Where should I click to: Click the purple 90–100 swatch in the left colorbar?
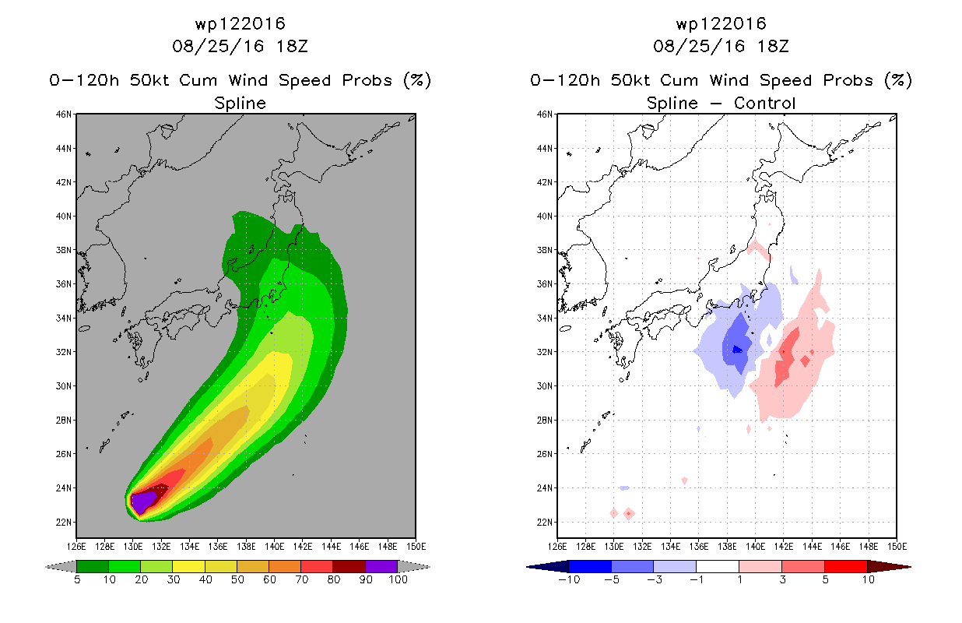point(381,567)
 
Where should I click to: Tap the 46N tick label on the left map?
point(63,114)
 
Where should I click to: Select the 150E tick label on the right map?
point(897,547)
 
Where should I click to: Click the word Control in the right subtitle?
point(764,103)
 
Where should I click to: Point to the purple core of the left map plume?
point(142,502)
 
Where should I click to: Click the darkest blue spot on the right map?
point(737,350)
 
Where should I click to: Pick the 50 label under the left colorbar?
point(237,579)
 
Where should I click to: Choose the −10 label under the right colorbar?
point(569,579)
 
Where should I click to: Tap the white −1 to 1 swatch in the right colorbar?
point(717,567)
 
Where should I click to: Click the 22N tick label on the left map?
point(63,522)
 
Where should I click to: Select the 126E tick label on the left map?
point(76,547)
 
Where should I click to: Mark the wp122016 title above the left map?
point(240,23)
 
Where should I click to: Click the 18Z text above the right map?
point(773,46)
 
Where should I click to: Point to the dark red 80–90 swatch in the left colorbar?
point(349,567)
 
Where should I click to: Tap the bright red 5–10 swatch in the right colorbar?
point(845,567)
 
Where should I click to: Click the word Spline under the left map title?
point(240,103)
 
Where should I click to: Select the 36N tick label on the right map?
point(544,284)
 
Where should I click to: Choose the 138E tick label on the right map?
point(727,547)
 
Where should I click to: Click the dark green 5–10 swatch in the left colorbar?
point(93,567)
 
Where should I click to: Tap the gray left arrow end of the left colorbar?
point(61,567)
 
